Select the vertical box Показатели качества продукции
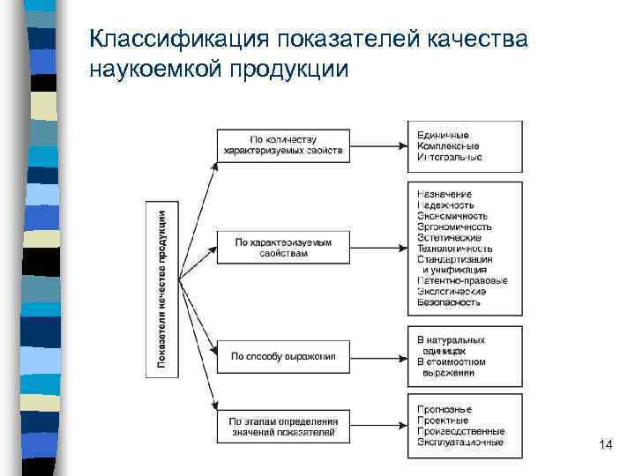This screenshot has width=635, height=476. pos(161,289)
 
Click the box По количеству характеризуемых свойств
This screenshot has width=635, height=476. pos(283,145)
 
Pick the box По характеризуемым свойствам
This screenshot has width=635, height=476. pos(283,247)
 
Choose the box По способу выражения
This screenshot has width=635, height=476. pos(283,356)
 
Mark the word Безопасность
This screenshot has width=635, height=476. pos(449,302)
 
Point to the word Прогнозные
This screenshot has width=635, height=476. pos(444,410)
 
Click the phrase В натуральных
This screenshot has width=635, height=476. pos(451,339)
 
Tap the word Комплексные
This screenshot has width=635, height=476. pos(448,145)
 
